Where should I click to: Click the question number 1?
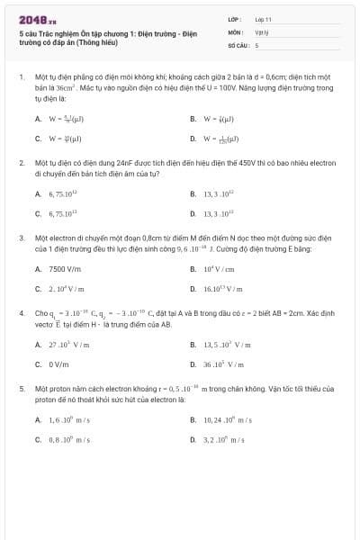[x=21, y=77]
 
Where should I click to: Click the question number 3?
[x=21, y=238]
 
